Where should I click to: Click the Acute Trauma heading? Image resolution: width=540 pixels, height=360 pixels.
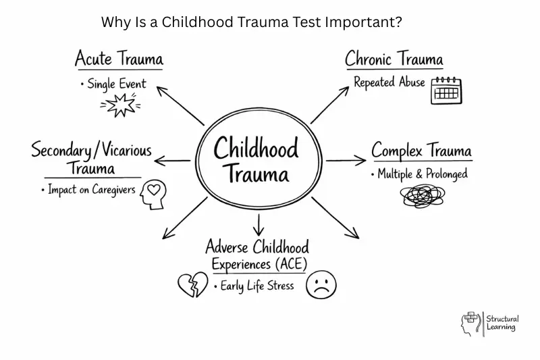point(119,58)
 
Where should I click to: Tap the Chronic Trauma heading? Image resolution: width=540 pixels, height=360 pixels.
point(394,59)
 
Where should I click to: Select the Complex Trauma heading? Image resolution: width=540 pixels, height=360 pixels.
point(421,151)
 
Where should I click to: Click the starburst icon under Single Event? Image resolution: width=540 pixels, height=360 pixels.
point(120,105)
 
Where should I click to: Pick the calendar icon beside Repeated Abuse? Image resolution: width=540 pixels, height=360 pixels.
point(446,91)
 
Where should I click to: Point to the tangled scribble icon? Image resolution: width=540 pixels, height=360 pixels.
point(423,196)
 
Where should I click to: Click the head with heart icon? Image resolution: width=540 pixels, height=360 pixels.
point(153,195)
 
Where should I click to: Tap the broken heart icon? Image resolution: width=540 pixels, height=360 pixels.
point(193,284)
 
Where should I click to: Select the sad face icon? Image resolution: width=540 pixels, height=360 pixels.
point(321,284)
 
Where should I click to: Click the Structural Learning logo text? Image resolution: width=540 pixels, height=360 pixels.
point(502,323)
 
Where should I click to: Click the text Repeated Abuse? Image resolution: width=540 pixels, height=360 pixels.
point(389,82)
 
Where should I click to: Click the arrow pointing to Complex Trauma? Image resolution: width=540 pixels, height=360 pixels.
point(346,160)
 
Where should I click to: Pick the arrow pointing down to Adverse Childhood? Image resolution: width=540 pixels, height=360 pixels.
point(259,225)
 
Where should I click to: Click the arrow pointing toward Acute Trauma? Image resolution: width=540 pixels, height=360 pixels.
point(180,106)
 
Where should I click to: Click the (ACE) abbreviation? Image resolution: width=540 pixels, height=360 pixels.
point(291,264)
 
